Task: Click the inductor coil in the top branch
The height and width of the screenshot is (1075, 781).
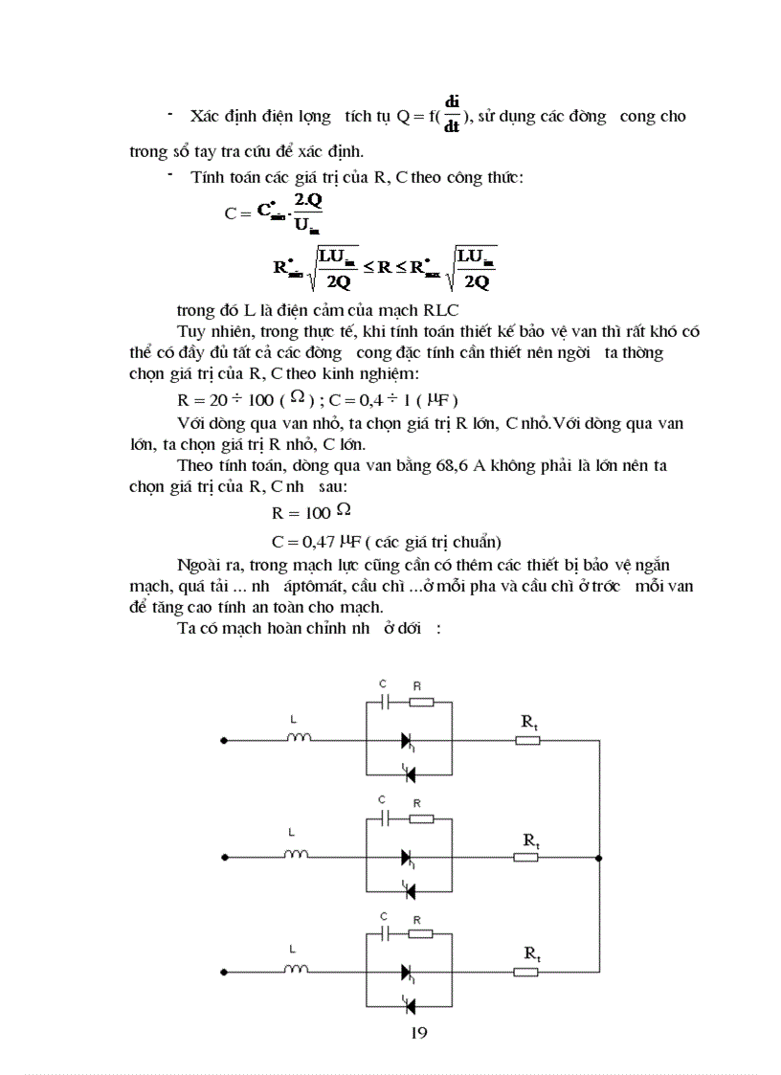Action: (x=299, y=738)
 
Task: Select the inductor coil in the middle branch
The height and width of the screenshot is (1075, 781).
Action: (x=299, y=855)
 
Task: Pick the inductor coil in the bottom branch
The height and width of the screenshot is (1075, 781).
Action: (x=299, y=971)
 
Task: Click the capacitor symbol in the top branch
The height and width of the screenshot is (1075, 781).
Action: (x=384, y=702)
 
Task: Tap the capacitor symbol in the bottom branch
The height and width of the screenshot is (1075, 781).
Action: (x=384, y=933)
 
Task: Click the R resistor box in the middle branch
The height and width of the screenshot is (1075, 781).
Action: (x=420, y=818)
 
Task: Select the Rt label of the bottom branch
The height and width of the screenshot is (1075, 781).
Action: (x=531, y=952)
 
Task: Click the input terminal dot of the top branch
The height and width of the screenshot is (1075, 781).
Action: (x=223, y=740)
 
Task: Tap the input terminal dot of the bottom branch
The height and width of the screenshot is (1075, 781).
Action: (x=223, y=972)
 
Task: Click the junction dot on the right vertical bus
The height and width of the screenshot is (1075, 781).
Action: (x=598, y=856)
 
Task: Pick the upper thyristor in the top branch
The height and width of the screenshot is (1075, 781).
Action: (x=408, y=740)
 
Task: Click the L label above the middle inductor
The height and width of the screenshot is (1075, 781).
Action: (x=291, y=833)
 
